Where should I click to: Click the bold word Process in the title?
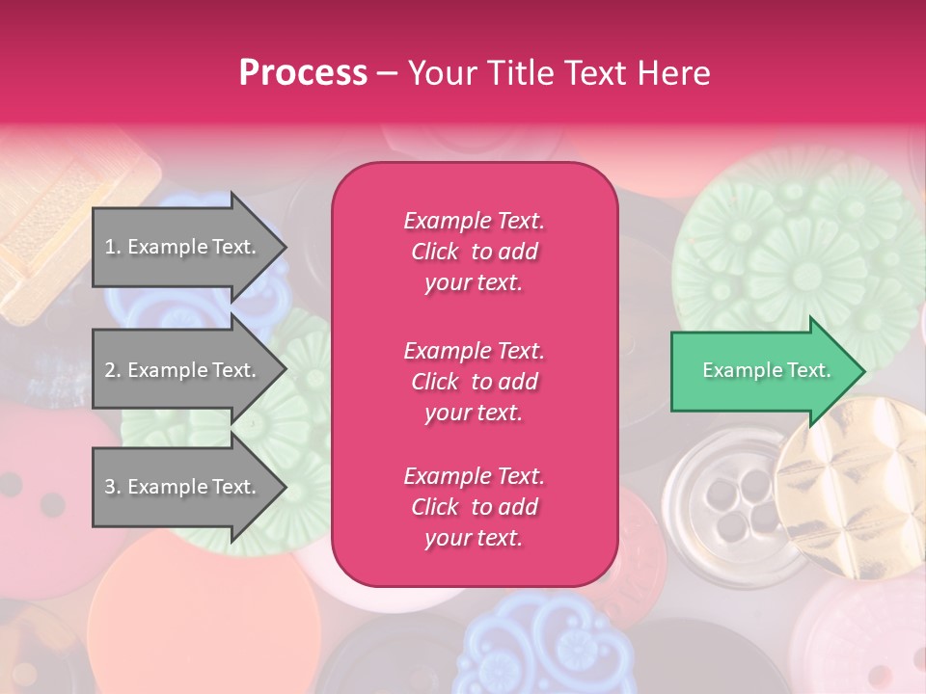click(303, 72)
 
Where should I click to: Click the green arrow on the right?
click(762, 370)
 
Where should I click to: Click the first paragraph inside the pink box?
click(474, 252)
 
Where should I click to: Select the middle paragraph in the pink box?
click(474, 382)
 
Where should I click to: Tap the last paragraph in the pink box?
click(474, 507)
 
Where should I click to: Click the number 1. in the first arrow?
click(112, 247)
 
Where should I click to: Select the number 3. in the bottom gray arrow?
click(112, 487)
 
